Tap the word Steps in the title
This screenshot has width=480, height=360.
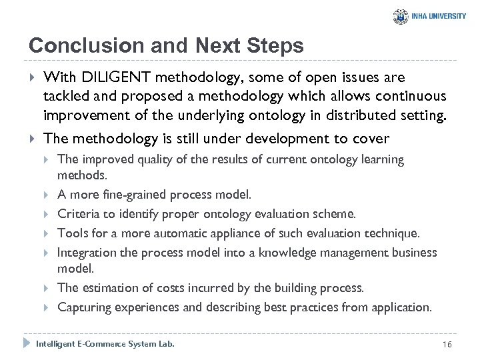275,45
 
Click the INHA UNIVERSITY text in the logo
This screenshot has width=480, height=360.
439,17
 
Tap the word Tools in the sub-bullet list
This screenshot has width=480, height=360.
72,233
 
